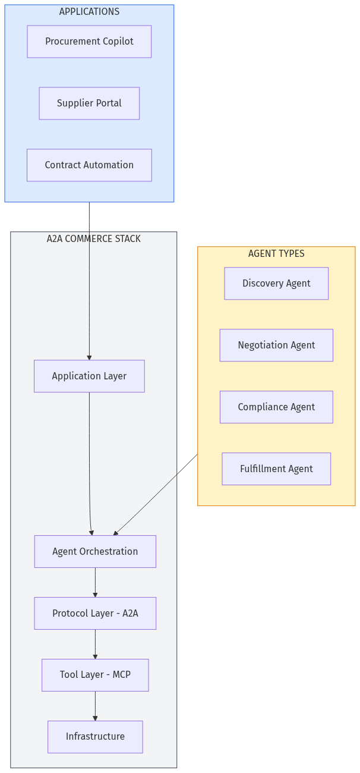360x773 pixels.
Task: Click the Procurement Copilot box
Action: click(x=89, y=42)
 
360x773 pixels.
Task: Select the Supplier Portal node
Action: click(x=89, y=103)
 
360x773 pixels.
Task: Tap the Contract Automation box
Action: click(x=89, y=165)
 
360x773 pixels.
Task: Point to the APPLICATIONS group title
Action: click(x=89, y=12)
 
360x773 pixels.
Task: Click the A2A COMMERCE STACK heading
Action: click(x=94, y=239)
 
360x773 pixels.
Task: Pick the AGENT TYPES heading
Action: click(x=276, y=254)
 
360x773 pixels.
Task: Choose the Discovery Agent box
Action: click(x=276, y=284)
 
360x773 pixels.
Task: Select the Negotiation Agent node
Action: click(x=276, y=345)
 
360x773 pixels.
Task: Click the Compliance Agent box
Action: click(x=276, y=407)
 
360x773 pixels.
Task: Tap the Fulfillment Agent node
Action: click(x=276, y=469)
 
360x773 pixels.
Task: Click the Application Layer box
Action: click(x=89, y=376)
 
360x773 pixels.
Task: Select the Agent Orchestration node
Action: click(x=95, y=552)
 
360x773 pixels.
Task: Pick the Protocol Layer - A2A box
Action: click(x=95, y=614)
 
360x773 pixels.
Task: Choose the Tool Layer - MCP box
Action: click(x=95, y=675)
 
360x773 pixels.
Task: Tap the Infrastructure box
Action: click(x=95, y=737)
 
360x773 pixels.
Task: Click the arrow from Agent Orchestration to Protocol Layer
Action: click(x=95, y=582)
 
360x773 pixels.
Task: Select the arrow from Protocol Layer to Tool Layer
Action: click(x=95, y=644)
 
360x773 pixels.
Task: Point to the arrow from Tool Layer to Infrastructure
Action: click(x=95, y=706)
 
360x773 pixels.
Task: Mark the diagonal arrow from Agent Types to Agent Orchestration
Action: click(x=156, y=495)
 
